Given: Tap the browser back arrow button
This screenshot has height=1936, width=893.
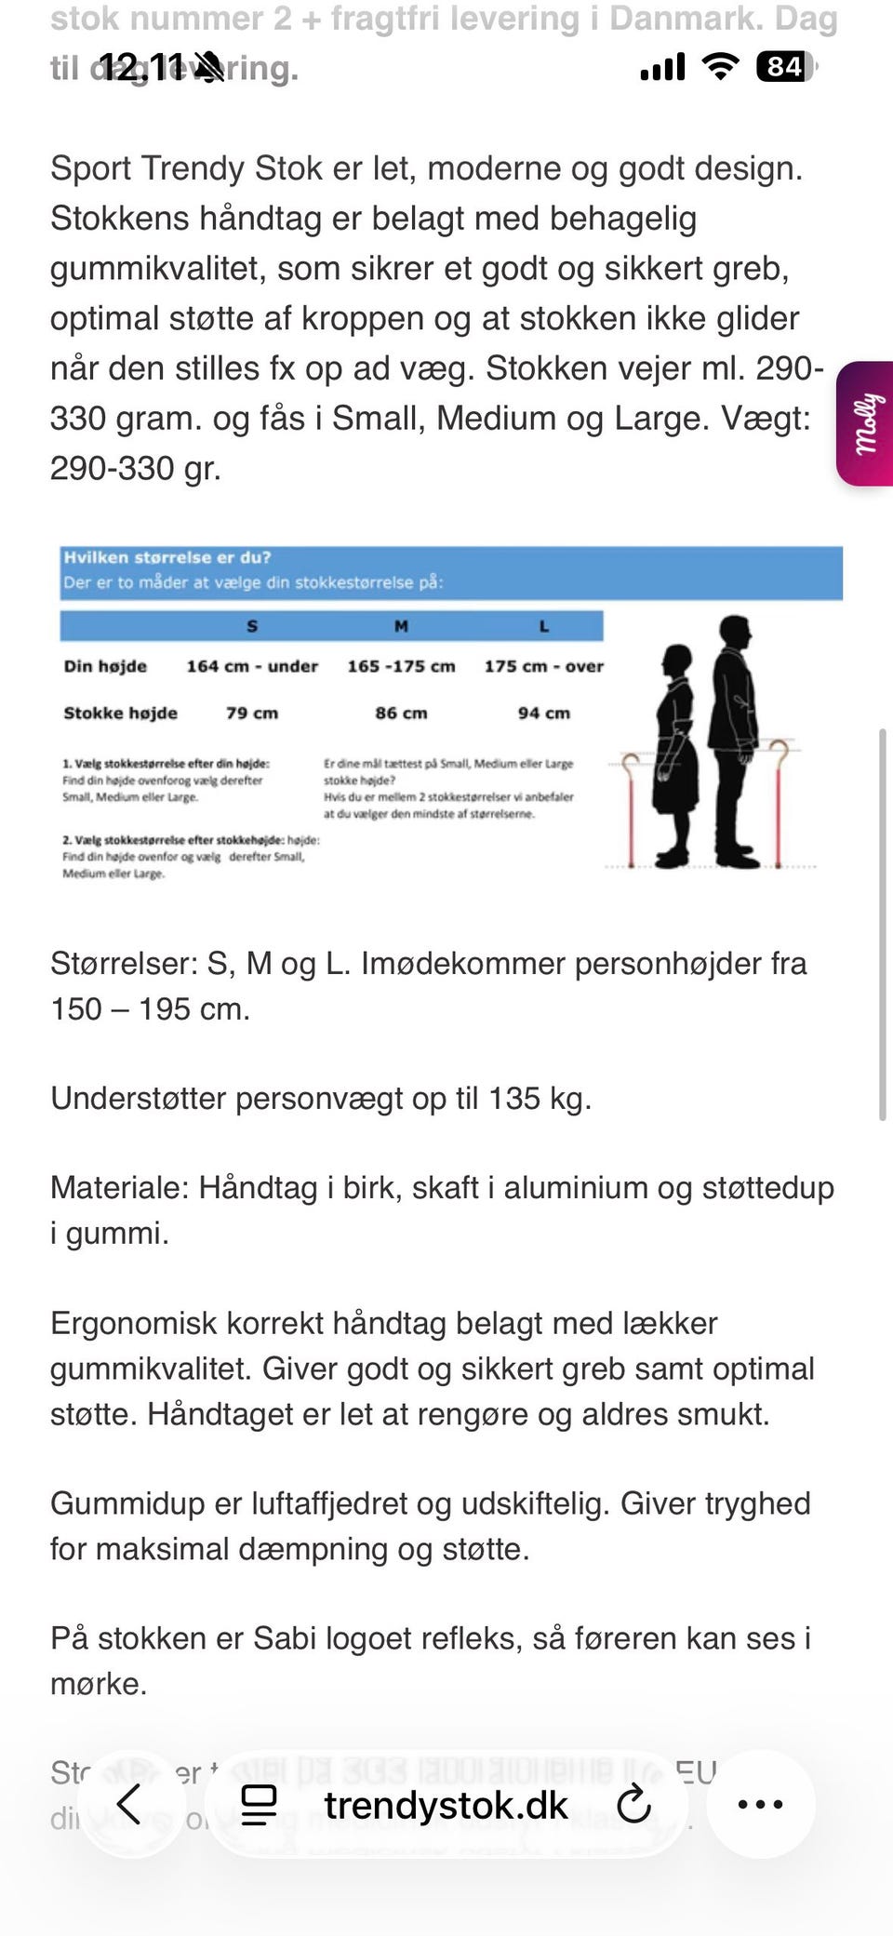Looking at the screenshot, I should [x=129, y=1805].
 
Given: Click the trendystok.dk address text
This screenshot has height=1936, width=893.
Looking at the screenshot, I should [x=446, y=1805].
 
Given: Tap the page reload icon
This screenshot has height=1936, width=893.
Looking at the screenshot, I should [x=633, y=1805].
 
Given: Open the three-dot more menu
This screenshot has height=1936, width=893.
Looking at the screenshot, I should [x=760, y=1805].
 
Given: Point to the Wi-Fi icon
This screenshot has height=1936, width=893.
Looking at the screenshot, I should [x=719, y=66].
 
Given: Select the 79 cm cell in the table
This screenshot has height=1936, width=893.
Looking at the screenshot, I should [x=252, y=713].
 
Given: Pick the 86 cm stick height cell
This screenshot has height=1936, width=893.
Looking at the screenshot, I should [x=401, y=713].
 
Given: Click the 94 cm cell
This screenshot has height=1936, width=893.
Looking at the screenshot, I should [x=544, y=713].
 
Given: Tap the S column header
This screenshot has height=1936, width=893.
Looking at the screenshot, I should [x=252, y=626].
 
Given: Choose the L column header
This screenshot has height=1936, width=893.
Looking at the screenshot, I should [x=544, y=626].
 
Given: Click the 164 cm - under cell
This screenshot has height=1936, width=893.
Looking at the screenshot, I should [x=252, y=666].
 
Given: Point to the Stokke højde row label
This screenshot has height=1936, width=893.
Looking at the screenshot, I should [x=120, y=713].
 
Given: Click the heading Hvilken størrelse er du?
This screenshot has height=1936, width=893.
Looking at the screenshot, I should [x=167, y=557].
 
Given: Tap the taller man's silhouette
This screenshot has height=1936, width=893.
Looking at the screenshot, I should [x=733, y=740].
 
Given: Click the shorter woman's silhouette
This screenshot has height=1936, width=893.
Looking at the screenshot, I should [x=675, y=754].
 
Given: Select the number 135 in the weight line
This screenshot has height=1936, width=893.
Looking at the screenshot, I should [x=514, y=1098].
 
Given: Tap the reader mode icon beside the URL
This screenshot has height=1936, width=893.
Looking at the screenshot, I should [x=259, y=1805].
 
